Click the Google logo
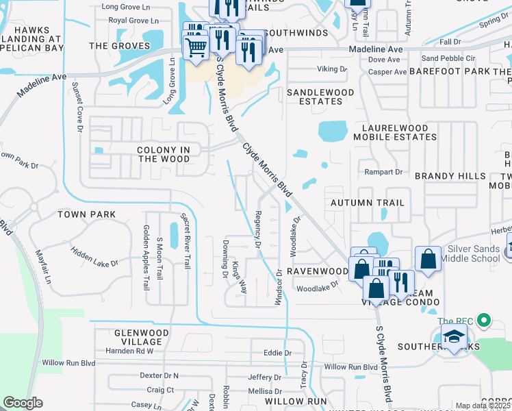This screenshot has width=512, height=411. [x=23, y=403]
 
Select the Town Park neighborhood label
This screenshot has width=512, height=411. [x=86, y=214]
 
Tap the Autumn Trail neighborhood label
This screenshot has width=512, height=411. [x=368, y=203]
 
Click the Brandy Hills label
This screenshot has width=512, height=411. [x=450, y=176]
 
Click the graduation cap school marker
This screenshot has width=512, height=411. [x=453, y=337]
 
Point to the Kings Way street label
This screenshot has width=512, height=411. [x=238, y=277]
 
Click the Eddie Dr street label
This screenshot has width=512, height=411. [x=277, y=353]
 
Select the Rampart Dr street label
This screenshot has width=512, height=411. [x=383, y=171]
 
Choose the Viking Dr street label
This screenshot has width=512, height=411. [x=333, y=69]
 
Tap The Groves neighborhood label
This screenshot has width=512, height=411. [x=120, y=46]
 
